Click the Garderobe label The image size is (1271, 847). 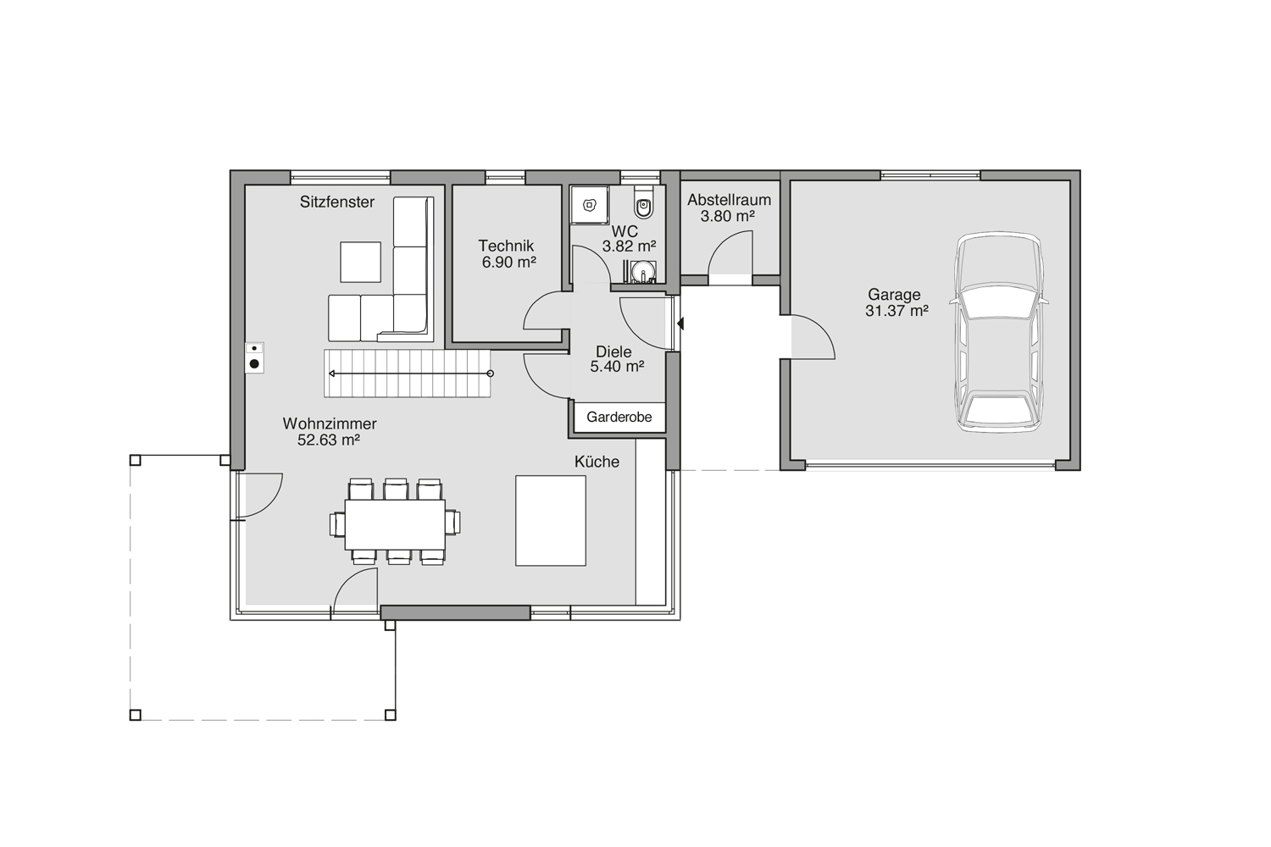click(x=619, y=417)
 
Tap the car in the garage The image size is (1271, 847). click(x=999, y=332)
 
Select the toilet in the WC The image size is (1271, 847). click(x=644, y=203)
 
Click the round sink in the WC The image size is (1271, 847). click(x=643, y=271)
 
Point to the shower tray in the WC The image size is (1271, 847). click(x=590, y=204)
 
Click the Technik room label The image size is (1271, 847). click(x=506, y=246)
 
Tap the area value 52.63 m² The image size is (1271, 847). click(x=329, y=440)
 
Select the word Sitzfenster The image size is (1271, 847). click(x=337, y=202)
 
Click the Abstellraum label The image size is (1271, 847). click(x=729, y=200)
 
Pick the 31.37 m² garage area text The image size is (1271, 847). click(x=897, y=311)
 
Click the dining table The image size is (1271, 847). click(x=395, y=525)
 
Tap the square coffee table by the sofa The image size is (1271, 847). click(x=360, y=262)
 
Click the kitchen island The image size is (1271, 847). click(x=551, y=521)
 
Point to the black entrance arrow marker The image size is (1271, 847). click(x=681, y=324)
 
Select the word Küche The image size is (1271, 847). click(x=597, y=462)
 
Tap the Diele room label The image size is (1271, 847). click(x=614, y=352)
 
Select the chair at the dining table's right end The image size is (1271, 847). click(x=452, y=523)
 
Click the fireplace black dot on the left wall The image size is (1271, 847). click(x=255, y=364)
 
